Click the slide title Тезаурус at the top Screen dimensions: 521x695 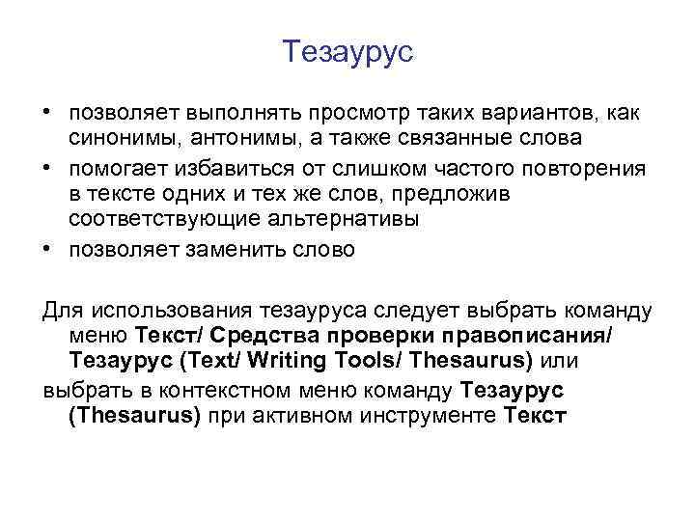[x=348, y=51]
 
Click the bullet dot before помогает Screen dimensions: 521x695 [x=47, y=165]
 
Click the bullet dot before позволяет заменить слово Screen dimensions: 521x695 [x=47, y=249]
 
